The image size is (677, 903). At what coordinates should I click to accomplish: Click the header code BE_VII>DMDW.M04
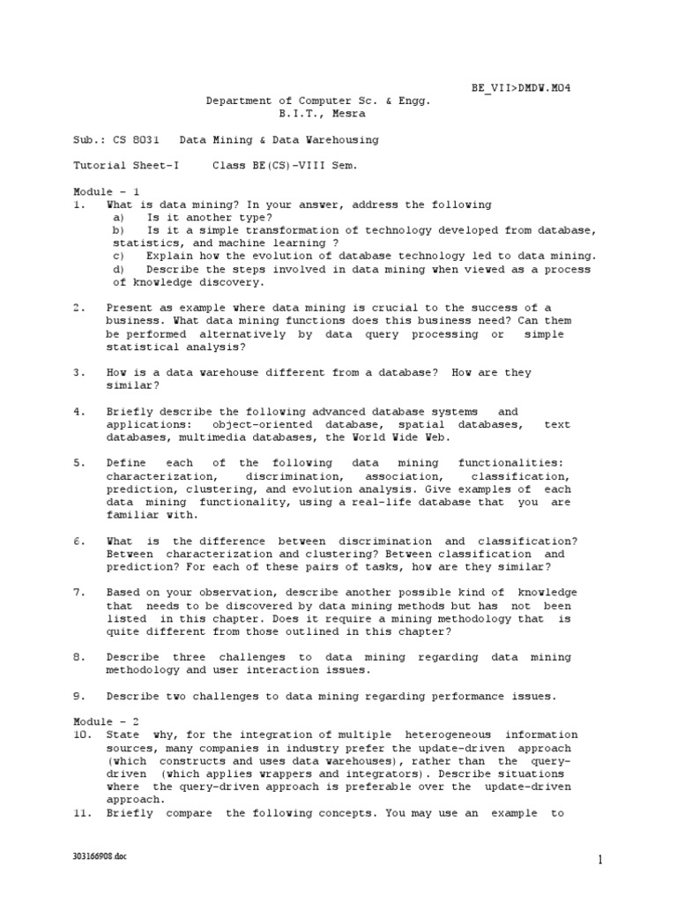click(526, 88)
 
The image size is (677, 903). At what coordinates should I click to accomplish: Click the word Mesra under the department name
click(346, 114)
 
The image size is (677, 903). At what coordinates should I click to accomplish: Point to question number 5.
click(78, 463)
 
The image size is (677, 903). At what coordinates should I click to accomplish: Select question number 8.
click(78, 657)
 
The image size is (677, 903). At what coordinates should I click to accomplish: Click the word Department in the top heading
click(238, 101)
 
